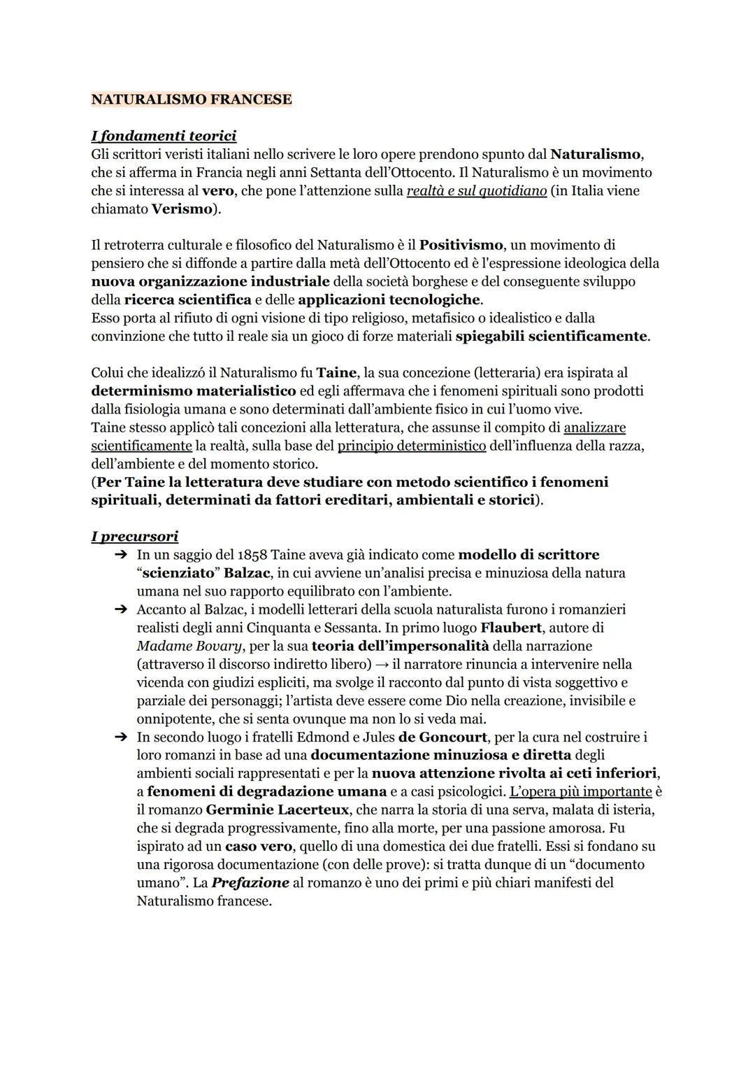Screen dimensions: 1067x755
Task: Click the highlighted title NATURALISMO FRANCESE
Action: coord(191,99)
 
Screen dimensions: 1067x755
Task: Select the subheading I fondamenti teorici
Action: coord(164,136)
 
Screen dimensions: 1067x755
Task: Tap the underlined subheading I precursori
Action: coord(134,537)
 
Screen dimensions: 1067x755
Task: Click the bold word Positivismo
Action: coord(461,245)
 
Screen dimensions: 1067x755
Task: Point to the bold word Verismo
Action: coord(181,209)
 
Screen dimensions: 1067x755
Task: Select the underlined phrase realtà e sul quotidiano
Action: coord(476,190)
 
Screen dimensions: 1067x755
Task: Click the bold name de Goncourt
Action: coord(443,737)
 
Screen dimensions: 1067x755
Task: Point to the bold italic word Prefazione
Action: coord(250,882)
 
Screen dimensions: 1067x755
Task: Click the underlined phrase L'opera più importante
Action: coord(580,791)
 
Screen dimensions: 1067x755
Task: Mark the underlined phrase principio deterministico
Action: coord(412,446)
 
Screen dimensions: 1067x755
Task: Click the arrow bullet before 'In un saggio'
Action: coord(120,555)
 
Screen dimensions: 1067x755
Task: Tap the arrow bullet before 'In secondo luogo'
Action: coord(120,737)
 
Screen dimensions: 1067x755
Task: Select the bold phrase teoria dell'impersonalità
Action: coord(401,646)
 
